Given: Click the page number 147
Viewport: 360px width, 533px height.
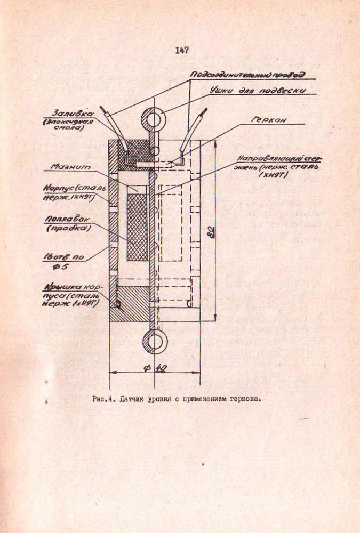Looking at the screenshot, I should click(181, 51).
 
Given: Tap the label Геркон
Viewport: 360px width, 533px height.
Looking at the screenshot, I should click(268, 120).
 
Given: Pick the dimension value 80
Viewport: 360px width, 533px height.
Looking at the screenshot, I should click(211, 232).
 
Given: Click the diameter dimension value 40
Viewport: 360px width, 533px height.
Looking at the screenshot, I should click(159, 367).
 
